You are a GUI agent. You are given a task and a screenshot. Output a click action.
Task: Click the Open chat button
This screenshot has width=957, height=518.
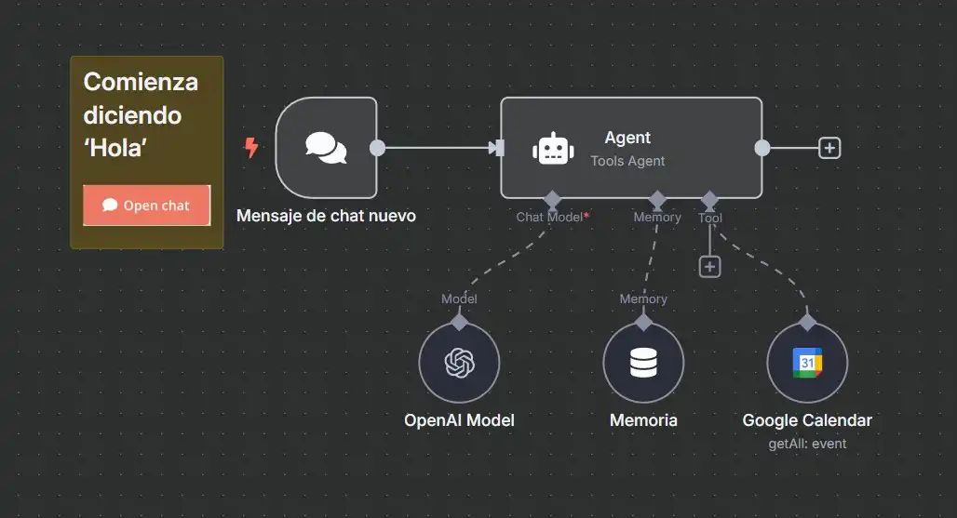tap(146, 206)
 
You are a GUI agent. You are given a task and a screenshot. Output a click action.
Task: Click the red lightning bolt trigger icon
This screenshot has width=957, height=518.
tap(250, 148)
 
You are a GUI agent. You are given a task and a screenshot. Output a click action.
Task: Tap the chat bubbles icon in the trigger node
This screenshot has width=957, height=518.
tap(326, 148)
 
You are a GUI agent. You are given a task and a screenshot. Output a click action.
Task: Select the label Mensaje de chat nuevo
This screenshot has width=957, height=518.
tap(326, 216)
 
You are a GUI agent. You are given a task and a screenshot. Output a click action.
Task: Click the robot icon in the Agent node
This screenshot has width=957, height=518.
tap(553, 149)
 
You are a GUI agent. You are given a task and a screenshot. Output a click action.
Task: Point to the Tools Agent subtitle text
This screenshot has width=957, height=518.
tap(627, 161)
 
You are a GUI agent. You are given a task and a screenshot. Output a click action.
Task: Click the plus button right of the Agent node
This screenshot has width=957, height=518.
tap(829, 148)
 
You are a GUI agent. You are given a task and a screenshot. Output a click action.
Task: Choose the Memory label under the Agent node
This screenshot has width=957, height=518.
tap(657, 217)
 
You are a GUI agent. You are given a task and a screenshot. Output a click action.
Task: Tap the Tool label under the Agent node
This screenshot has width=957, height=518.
tap(710, 218)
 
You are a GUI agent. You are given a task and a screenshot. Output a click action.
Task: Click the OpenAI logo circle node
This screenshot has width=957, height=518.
tap(459, 363)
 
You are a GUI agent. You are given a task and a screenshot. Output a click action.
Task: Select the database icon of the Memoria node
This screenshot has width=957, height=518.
tap(643, 363)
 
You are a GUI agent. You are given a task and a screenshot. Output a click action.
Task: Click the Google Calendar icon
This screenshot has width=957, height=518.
tap(807, 363)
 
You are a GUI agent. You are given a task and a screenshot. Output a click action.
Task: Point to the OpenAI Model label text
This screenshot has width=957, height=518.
tap(459, 420)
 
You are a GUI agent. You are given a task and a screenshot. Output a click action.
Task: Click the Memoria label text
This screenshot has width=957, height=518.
tap(643, 420)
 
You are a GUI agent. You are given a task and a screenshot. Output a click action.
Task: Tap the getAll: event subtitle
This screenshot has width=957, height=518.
tap(807, 444)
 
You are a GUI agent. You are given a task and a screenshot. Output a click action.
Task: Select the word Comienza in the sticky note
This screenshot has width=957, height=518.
tap(141, 82)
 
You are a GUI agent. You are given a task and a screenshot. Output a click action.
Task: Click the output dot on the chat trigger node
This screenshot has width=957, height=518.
tap(377, 148)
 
